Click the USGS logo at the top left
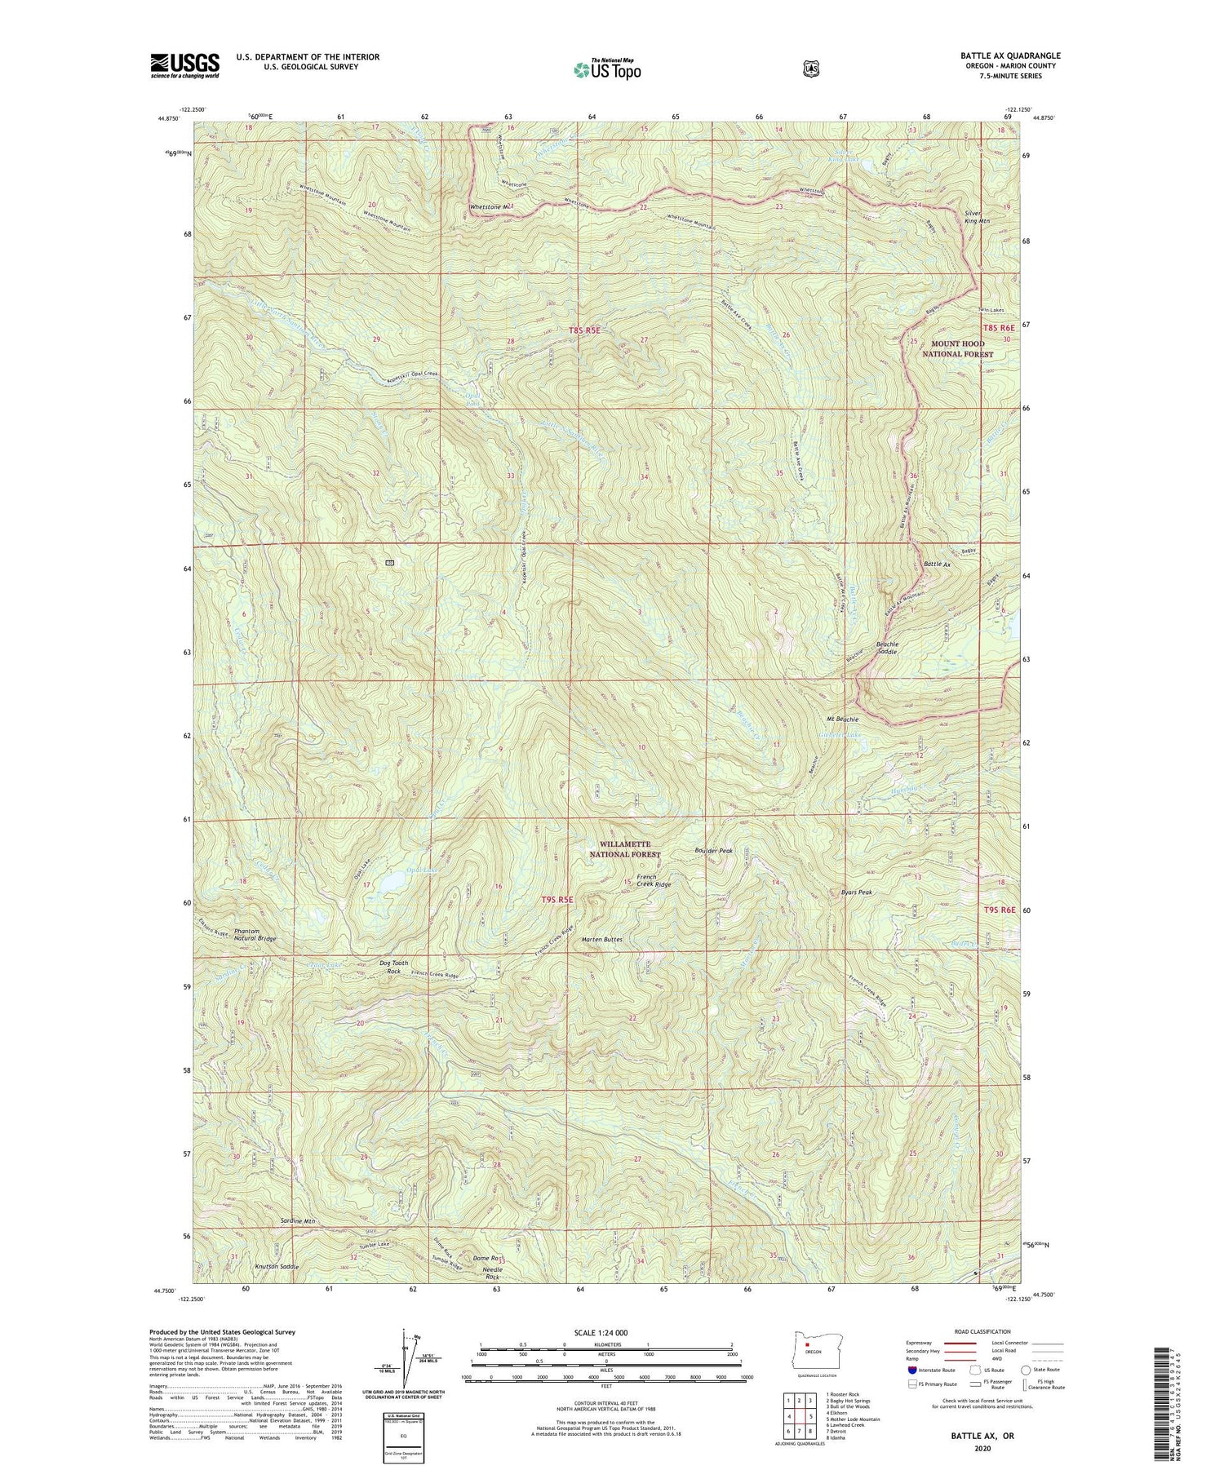pyautogui.click(x=184, y=65)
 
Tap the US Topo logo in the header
pyautogui.click(x=607, y=69)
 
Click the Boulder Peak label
pyautogui.click(x=714, y=851)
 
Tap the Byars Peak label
pyautogui.click(x=857, y=892)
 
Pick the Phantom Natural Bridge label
pyautogui.click(x=255, y=935)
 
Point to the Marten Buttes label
pyautogui.click(x=602, y=940)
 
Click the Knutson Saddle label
pyautogui.click(x=277, y=1267)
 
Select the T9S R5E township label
pyautogui.click(x=558, y=899)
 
